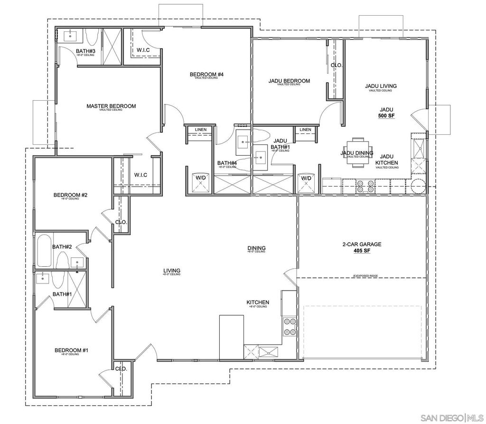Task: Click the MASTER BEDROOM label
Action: coord(111,106)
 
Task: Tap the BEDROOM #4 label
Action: coord(206,75)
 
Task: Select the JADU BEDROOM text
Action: coord(289,81)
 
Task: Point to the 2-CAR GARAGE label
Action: coord(362,245)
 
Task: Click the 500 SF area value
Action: coord(386,115)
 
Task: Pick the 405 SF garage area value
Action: coord(362,251)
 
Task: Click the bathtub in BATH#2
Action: coord(45,250)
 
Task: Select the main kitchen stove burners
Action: coord(290,327)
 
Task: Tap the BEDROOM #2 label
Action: coord(70,195)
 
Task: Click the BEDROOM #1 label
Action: coord(71,350)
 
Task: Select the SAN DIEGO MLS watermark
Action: coord(451,417)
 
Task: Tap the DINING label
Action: coord(256,248)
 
